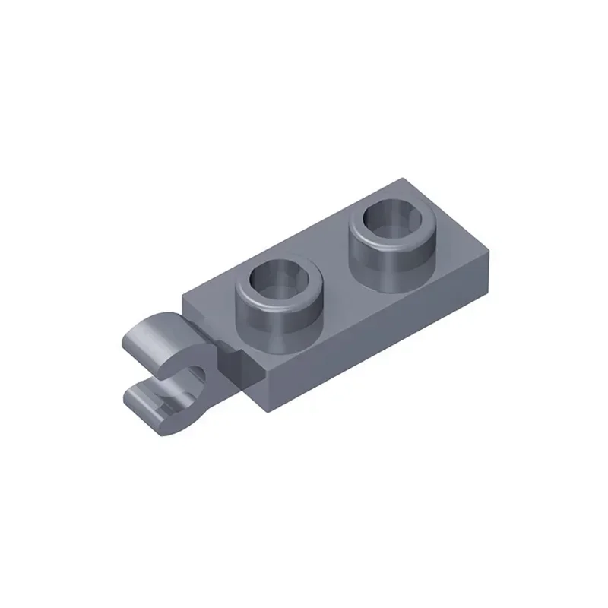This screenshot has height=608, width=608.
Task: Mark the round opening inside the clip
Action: pos(196,374)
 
